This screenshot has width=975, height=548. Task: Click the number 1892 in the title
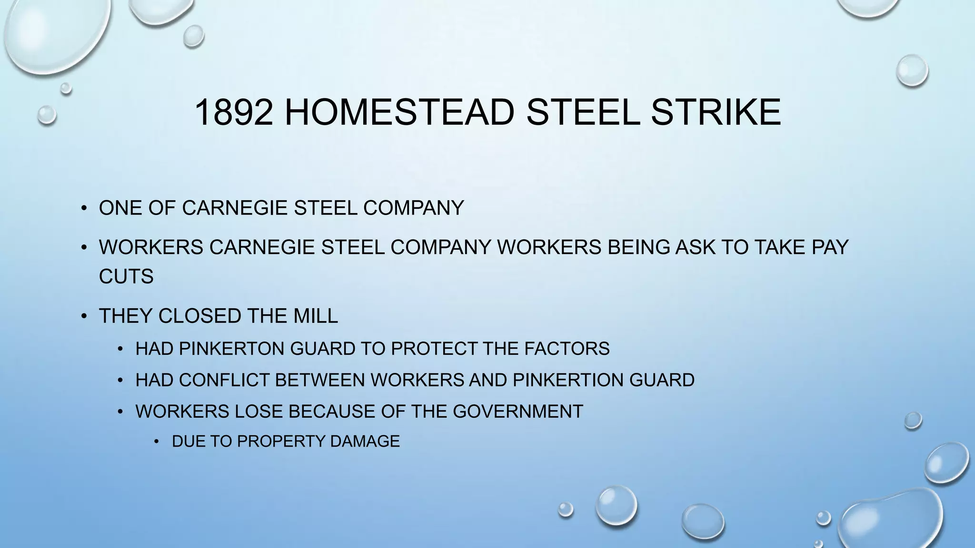(x=234, y=112)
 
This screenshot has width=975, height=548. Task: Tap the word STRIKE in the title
(x=716, y=112)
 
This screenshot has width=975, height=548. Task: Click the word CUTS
(x=126, y=276)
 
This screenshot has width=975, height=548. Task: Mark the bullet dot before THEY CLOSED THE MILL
(x=84, y=316)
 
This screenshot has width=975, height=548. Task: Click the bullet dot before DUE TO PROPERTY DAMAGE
(x=157, y=442)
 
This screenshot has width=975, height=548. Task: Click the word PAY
(x=830, y=247)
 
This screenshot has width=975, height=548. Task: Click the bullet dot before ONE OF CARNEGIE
(x=84, y=208)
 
